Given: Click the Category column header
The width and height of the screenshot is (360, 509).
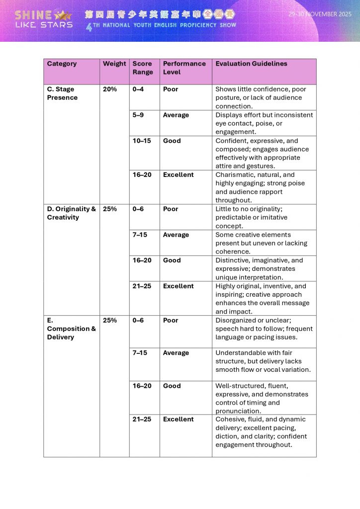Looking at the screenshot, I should coord(62,64).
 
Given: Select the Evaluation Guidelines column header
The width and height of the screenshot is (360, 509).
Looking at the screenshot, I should coord(251,64).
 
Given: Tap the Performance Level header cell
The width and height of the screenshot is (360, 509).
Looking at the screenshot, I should coord(184,68).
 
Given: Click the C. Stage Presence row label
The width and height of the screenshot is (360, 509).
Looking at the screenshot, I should coord(62,93).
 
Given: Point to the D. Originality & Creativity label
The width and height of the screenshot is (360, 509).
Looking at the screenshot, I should coord(71,213).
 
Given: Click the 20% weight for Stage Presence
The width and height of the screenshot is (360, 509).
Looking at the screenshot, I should coord(110,89).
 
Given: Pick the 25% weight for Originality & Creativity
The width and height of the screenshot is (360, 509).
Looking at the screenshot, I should coord(110,209).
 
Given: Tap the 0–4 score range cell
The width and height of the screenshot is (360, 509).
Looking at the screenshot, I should coord(138,89).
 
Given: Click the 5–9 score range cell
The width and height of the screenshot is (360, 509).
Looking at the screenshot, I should coord(139,115).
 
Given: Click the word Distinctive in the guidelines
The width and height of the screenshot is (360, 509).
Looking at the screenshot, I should coord(233,260).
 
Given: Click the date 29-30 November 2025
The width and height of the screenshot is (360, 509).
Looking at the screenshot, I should coord(320,14).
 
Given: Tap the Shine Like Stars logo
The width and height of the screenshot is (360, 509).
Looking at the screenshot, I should coord(44,19).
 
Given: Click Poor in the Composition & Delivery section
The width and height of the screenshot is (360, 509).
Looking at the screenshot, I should coord(171,321).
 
